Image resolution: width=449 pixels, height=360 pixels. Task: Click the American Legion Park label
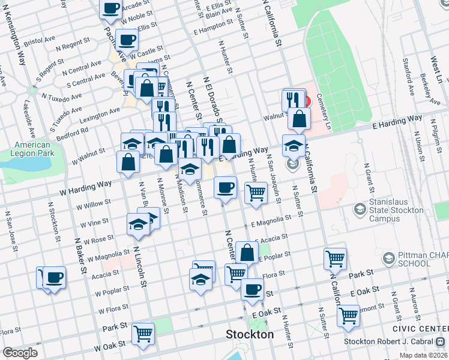32,149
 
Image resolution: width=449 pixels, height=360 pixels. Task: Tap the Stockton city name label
249,334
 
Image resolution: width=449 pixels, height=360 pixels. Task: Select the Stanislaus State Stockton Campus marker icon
360,209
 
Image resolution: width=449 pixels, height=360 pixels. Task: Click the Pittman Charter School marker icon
388,259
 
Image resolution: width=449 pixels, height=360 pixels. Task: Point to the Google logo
20,353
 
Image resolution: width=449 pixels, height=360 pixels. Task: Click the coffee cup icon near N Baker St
54,277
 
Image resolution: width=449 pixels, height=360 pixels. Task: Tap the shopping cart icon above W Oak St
143,332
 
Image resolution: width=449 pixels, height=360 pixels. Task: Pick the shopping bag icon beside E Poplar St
247,252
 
